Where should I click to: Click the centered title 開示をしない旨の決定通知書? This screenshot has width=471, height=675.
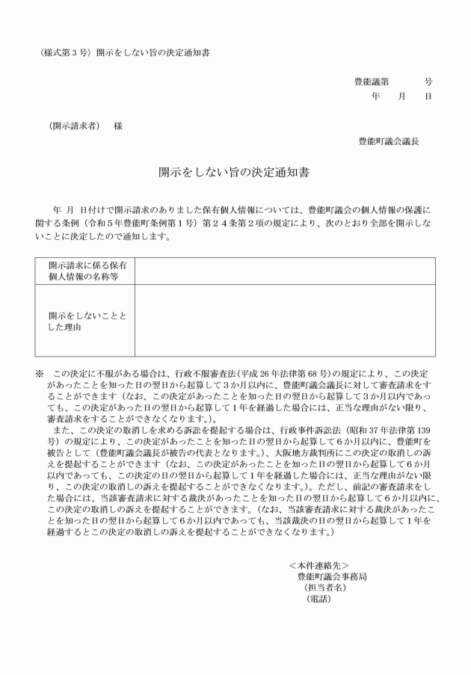[235, 171]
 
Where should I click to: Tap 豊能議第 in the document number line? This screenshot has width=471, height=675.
[372, 82]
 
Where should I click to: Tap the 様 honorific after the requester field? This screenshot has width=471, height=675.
[117, 126]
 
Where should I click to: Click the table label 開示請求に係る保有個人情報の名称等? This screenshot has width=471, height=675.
[86, 271]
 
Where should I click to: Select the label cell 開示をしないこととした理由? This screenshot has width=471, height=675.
[86, 320]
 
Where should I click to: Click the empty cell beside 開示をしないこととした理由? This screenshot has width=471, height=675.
[284, 320]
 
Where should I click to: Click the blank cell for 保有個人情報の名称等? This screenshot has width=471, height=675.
[284, 271]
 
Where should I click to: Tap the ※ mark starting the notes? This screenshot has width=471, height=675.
[40, 372]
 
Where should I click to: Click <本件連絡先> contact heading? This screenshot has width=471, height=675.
[318, 565]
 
